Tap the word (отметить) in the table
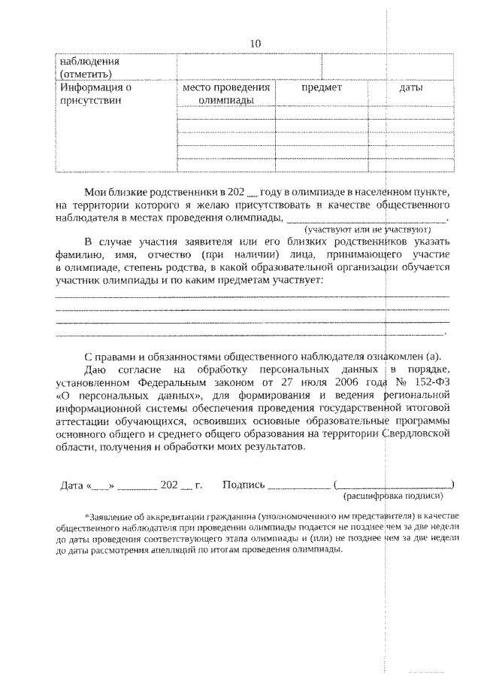click(x=86, y=74)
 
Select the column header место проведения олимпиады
click(x=225, y=94)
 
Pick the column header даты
click(x=410, y=88)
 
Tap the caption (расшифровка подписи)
click(x=393, y=497)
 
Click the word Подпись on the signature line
click(x=244, y=485)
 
